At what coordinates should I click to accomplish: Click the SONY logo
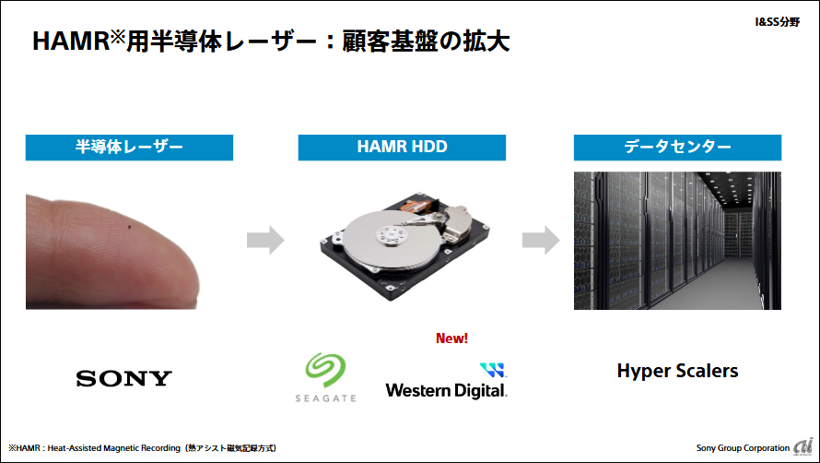point(123,378)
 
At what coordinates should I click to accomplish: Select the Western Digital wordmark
point(446,390)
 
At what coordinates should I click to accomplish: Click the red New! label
point(451,338)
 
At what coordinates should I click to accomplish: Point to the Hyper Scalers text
point(677,372)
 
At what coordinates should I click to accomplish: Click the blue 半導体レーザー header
point(129,148)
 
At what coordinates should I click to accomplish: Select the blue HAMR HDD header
point(402,148)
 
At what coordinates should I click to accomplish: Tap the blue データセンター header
point(677,148)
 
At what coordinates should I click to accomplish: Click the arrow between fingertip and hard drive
point(265,241)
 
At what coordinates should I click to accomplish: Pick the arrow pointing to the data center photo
point(541,241)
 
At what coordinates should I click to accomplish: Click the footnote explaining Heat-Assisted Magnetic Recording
point(143,448)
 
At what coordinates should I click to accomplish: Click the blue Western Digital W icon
point(493,371)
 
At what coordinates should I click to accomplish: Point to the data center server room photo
point(677,241)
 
